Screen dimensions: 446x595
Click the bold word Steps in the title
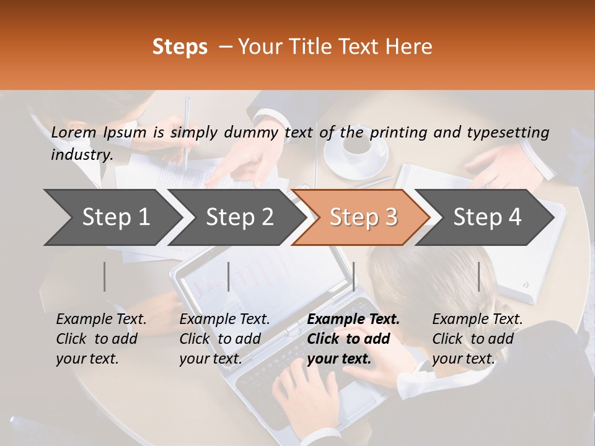[x=180, y=47]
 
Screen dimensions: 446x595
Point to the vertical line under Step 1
[x=105, y=276]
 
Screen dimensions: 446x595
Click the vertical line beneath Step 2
[x=229, y=276]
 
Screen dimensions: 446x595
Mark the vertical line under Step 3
[x=353, y=276]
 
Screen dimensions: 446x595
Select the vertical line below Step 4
[x=478, y=276]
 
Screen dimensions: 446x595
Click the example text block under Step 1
[x=101, y=339]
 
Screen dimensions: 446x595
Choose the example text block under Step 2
[x=224, y=339]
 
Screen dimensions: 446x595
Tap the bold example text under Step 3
[x=353, y=339]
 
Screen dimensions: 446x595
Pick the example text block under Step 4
[x=477, y=339]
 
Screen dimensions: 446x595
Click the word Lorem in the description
[x=74, y=132]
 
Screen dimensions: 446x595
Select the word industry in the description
[x=81, y=155]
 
